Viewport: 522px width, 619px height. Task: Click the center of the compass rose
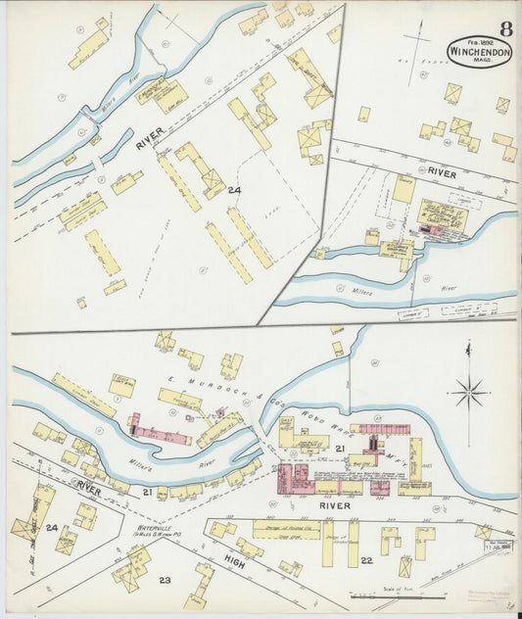pos(469,394)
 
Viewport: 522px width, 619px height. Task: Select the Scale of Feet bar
pos(392,595)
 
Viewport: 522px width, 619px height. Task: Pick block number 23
pos(166,582)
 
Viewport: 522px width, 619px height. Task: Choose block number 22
pos(366,560)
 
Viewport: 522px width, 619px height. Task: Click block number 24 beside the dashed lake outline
pos(233,189)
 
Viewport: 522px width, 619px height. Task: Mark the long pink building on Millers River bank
pos(162,433)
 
